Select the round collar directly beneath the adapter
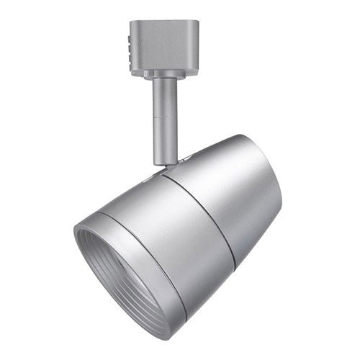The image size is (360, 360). point(164,74)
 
